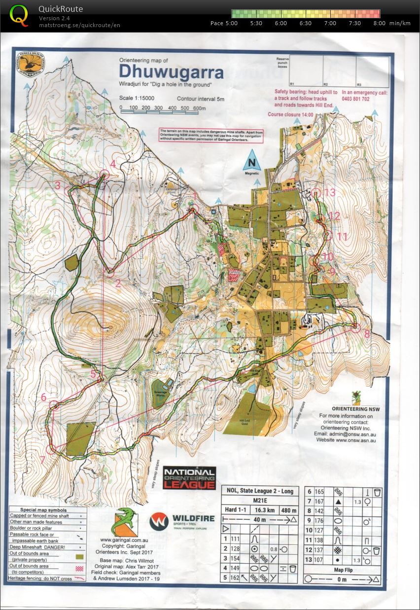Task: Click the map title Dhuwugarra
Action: point(171,72)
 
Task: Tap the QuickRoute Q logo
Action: point(19,15)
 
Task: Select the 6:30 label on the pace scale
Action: point(305,23)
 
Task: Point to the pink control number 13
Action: point(329,192)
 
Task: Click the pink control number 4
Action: point(113,164)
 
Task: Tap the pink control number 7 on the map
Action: point(42,460)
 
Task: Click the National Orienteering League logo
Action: point(189,478)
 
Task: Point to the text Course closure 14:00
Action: point(290,114)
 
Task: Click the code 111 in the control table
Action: point(235,539)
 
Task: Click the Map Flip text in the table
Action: point(342,571)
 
